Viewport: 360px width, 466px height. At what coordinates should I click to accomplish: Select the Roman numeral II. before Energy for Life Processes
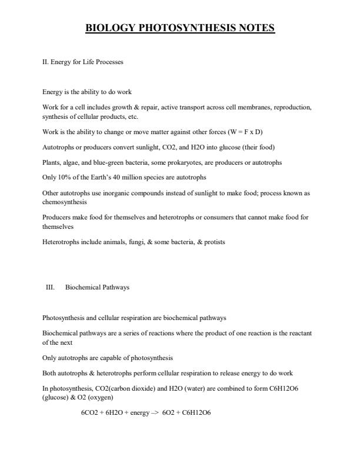[45, 61]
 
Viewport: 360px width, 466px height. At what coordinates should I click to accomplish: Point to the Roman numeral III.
[50, 287]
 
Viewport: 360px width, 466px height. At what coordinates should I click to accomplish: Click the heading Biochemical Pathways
[97, 287]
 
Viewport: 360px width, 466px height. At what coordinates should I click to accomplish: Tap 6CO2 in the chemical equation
[90, 412]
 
